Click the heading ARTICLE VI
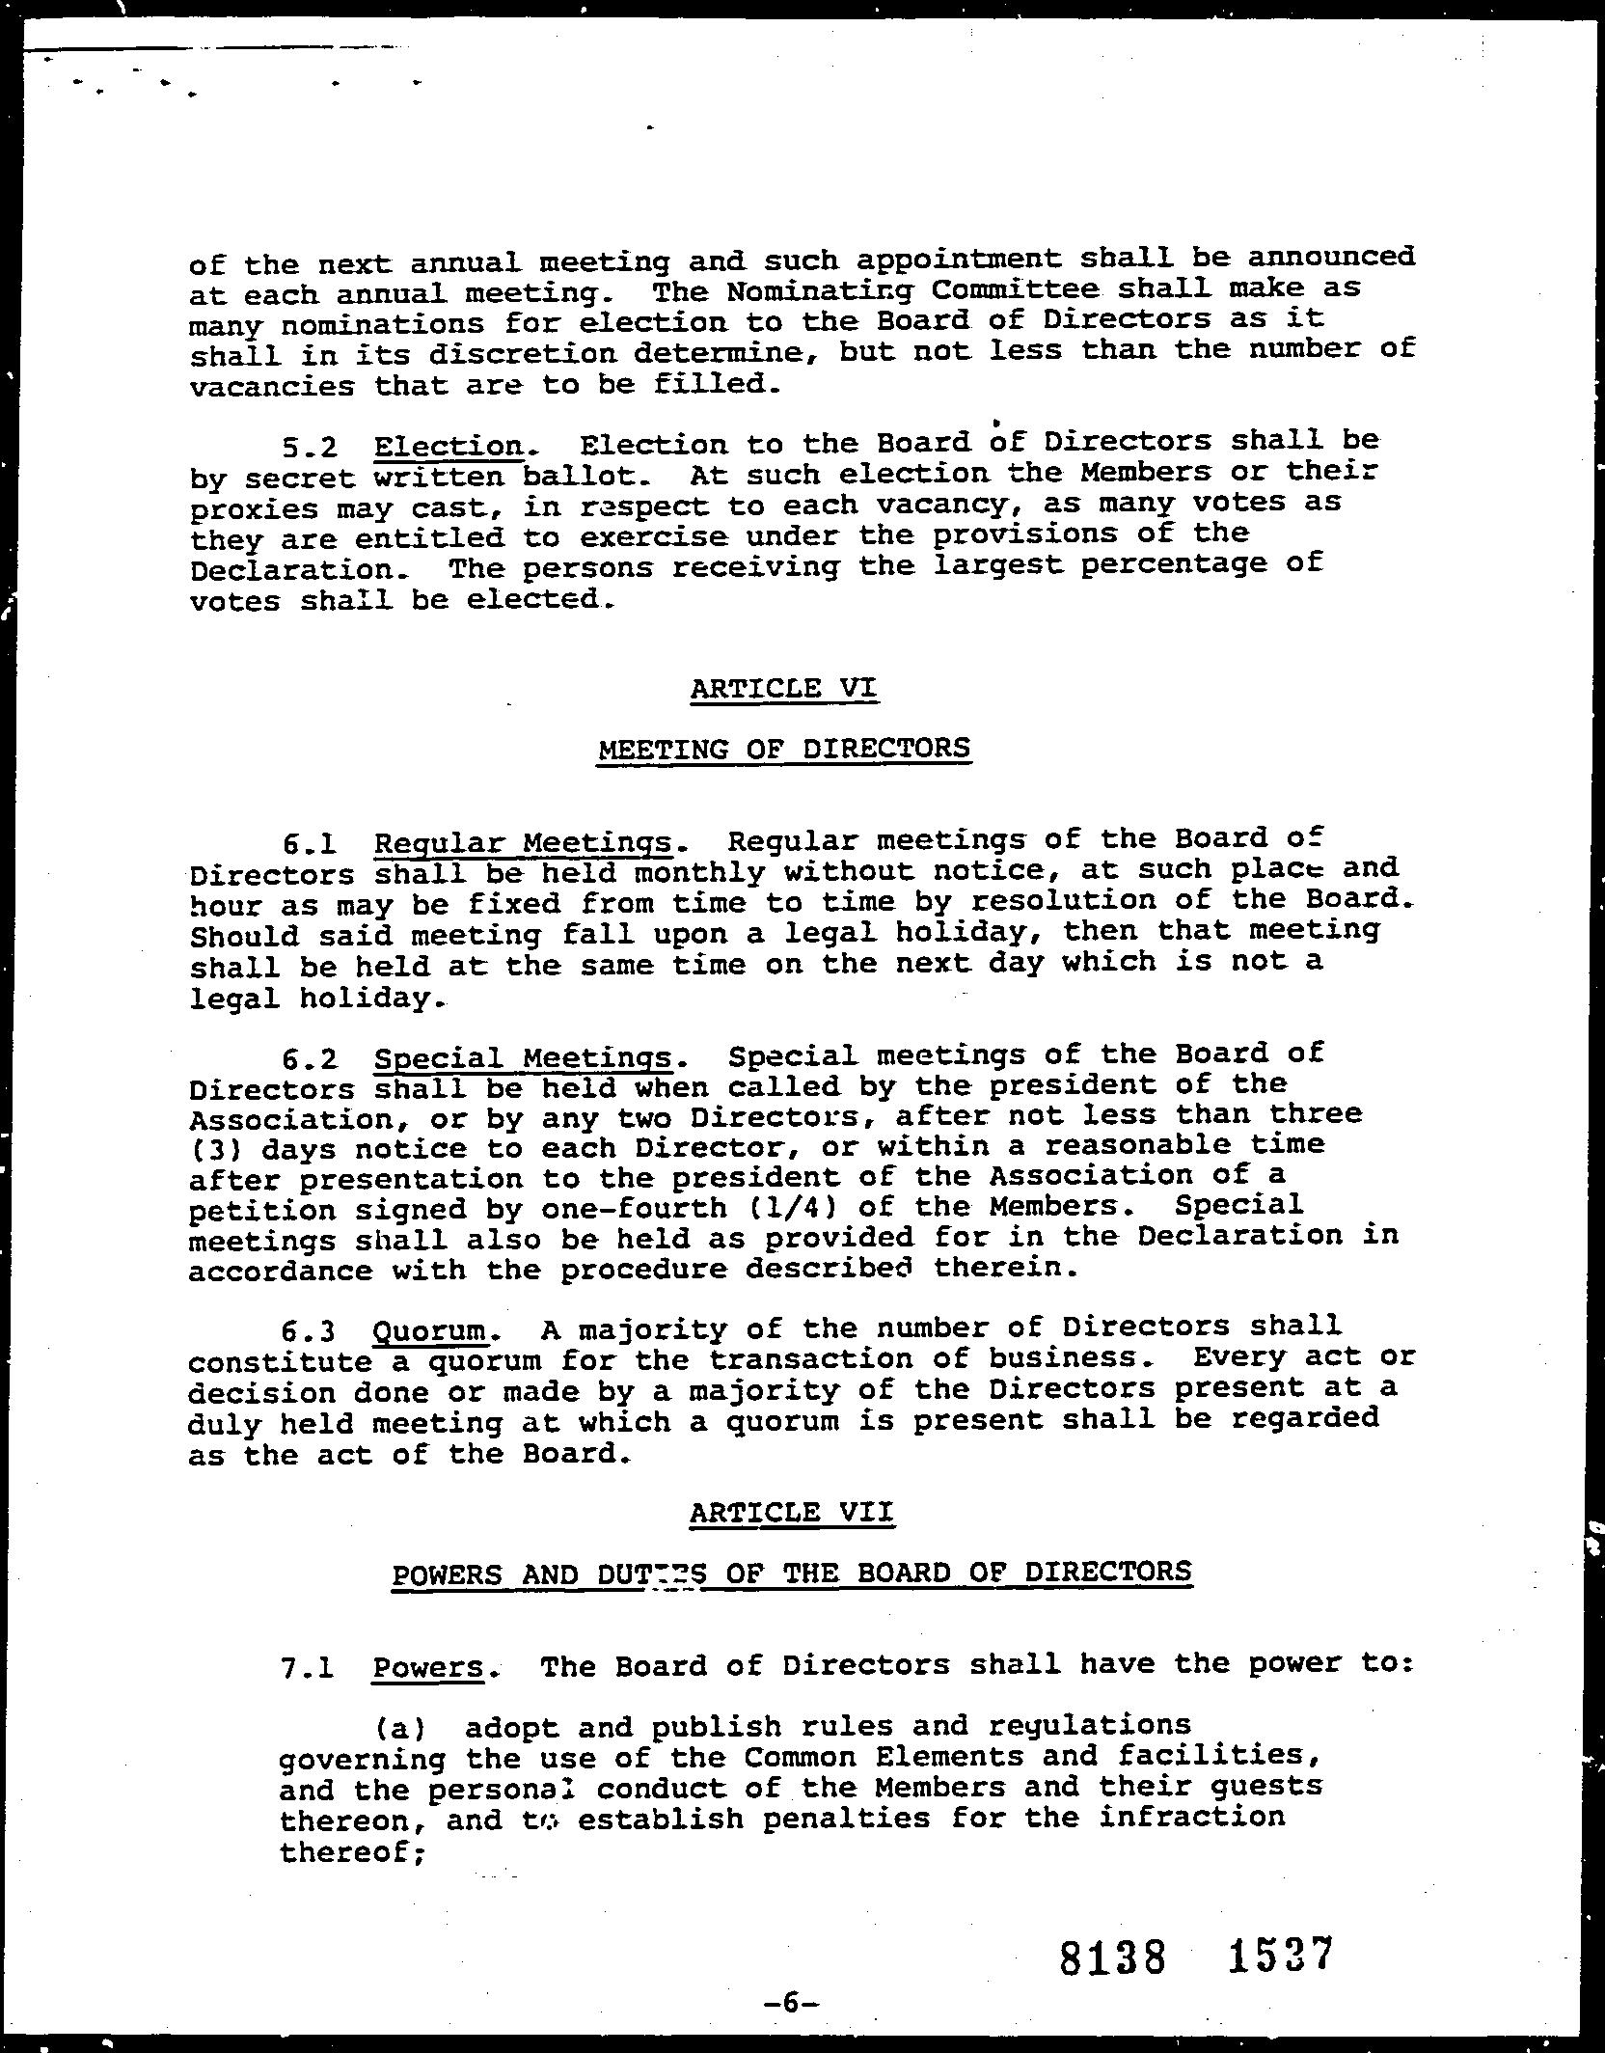(x=784, y=689)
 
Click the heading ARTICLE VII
(x=791, y=1512)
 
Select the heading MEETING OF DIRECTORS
(x=784, y=749)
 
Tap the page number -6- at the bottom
(x=790, y=2002)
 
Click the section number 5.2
(x=310, y=447)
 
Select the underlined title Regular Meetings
(x=522, y=842)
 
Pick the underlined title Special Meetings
(x=522, y=1058)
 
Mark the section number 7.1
(x=308, y=1668)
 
